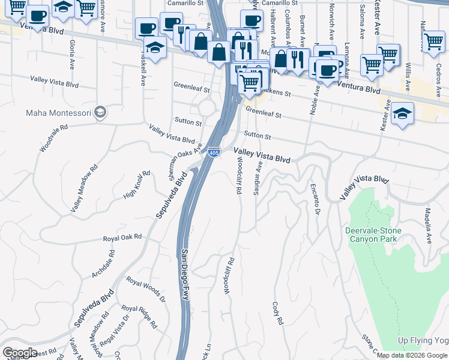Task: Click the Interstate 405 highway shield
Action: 214,153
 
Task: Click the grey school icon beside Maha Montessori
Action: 100,112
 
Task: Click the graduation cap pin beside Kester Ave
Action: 402,114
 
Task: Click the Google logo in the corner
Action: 19,353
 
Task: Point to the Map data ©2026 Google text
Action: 412,355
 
